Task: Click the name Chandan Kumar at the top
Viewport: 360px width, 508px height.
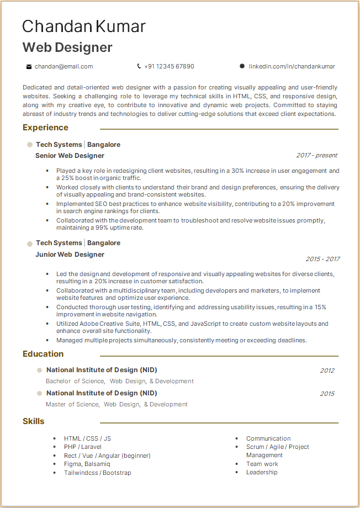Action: (x=84, y=27)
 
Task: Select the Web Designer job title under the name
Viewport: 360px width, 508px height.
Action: (x=67, y=47)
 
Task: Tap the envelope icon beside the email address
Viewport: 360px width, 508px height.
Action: (x=29, y=67)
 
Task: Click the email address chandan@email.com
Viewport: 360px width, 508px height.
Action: (x=63, y=66)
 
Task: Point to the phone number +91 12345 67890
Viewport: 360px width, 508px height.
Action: (x=169, y=66)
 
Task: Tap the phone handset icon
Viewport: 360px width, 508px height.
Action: (x=139, y=66)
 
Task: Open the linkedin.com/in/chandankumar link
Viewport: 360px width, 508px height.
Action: (x=292, y=66)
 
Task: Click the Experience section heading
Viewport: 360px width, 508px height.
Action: (x=45, y=128)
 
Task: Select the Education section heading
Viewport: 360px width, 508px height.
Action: (x=43, y=354)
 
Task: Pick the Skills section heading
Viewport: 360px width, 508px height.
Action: (x=34, y=421)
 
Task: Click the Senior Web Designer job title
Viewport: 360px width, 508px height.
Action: (x=70, y=156)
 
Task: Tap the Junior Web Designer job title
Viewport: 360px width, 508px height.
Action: (x=70, y=255)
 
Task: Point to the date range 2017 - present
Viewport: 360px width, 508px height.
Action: (x=316, y=156)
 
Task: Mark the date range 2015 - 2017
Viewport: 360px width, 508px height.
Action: (x=322, y=259)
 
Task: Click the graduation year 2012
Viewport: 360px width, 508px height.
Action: (x=327, y=371)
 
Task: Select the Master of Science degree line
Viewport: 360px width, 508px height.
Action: (x=117, y=404)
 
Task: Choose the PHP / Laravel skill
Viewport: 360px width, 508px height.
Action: (x=82, y=447)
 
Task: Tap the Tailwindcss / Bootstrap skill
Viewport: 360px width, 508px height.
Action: (x=97, y=473)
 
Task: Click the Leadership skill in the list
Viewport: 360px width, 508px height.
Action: (x=262, y=472)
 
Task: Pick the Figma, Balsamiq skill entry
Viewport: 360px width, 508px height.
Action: (x=87, y=464)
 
